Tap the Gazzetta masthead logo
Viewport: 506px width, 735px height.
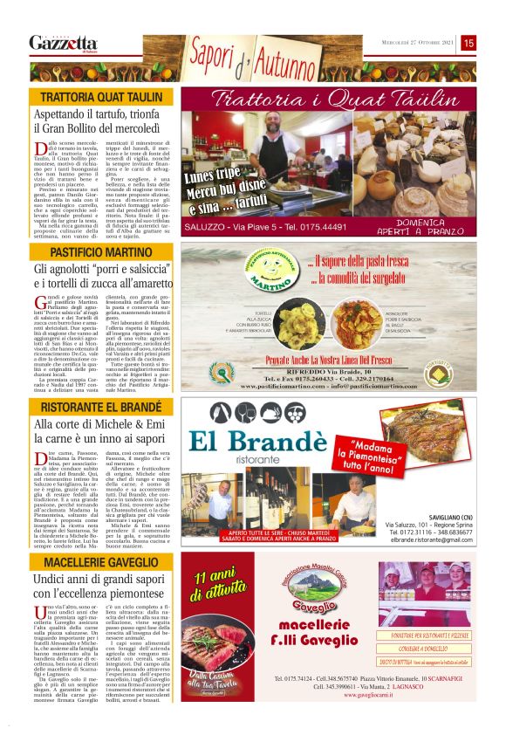pos(63,43)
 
